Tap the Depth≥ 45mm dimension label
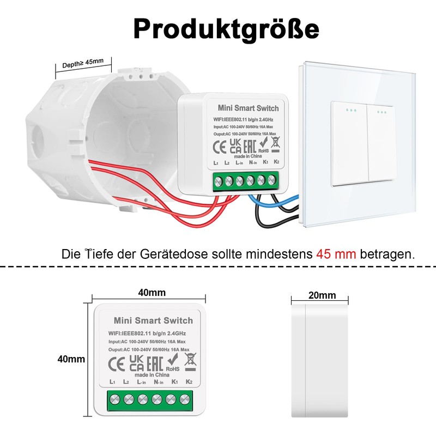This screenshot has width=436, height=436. (x=82, y=64)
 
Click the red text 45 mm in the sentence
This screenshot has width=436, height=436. (x=336, y=254)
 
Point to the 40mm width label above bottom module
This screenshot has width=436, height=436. (x=152, y=293)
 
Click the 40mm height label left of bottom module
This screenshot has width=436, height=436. (x=71, y=359)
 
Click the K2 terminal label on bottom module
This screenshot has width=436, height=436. (x=189, y=381)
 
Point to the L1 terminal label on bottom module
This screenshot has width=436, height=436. (x=112, y=381)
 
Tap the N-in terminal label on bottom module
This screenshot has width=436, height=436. (x=159, y=381)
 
